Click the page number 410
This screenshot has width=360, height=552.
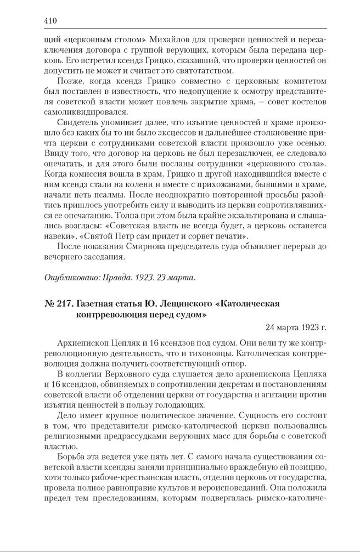pos(50,21)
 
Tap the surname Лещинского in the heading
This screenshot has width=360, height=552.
pos(182,304)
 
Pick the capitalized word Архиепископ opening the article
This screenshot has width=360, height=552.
pos(82,342)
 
